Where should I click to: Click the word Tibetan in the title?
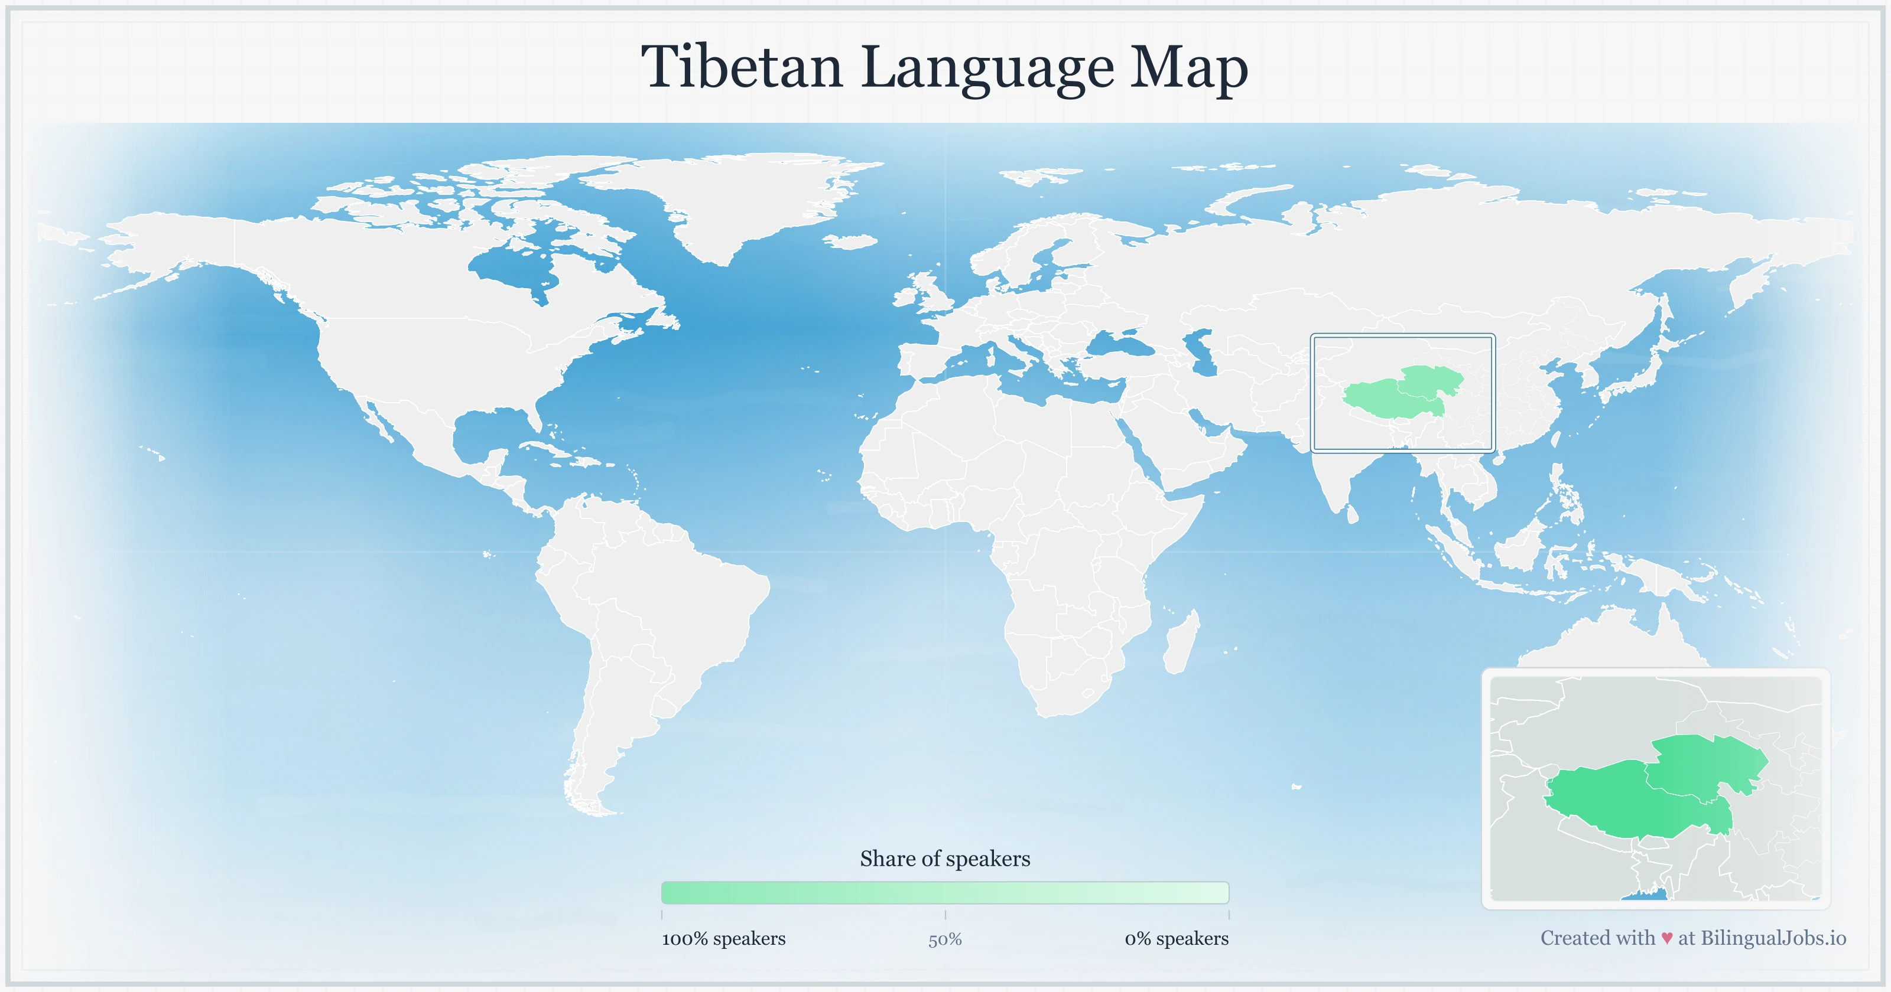(x=742, y=67)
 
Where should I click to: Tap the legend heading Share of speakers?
(x=945, y=859)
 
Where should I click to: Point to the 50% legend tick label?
(x=945, y=939)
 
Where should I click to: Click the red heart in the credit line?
(x=1667, y=938)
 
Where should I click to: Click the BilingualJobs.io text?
(x=1773, y=938)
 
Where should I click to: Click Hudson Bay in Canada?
(x=514, y=268)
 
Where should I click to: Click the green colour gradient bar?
(x=945, y=893)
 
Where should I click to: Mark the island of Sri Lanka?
(x=1353, y=514)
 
